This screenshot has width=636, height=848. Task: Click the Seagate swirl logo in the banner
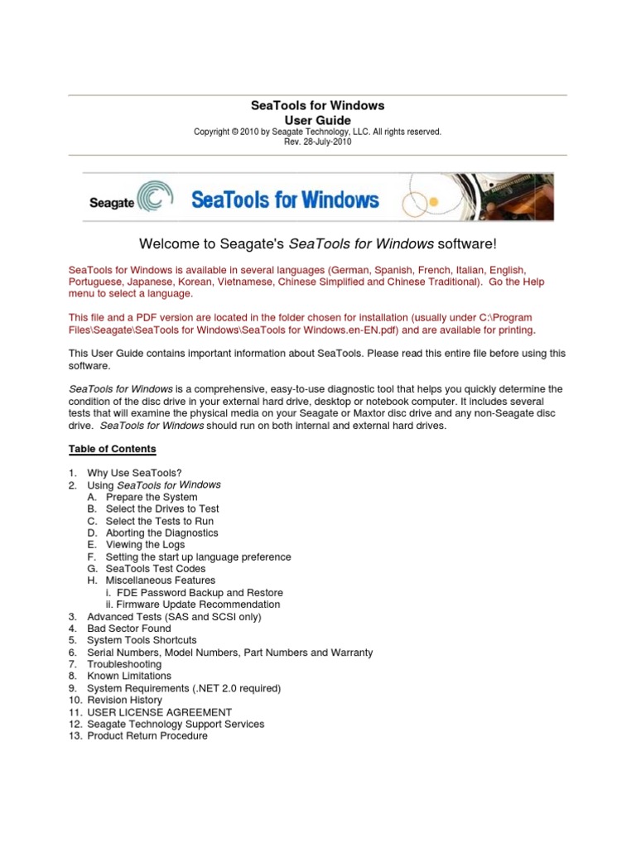click(154, 199)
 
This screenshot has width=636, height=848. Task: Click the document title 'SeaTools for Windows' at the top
click(317, 106)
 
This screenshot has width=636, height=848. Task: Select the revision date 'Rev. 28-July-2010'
click(317, 142)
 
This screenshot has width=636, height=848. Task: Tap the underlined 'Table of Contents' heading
click(112, 449)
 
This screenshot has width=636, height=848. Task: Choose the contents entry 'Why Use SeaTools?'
click(134, 473)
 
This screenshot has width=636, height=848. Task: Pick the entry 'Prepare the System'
click(152, 497)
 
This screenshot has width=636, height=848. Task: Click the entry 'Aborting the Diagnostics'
click(161, 532)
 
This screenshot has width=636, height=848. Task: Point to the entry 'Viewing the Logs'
click(145, 545)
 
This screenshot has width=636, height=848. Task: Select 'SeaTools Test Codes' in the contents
click(156, 569)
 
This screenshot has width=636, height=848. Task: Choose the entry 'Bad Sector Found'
click(129, 629)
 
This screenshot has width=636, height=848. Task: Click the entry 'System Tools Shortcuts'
click(142, 640)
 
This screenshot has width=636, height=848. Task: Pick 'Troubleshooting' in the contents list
click(124, 664)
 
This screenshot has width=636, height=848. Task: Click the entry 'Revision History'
click(124, 700)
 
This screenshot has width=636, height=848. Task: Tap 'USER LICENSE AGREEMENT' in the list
click(159, 712)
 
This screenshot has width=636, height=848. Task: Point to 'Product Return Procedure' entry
click(147, 735)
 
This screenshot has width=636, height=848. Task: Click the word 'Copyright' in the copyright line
click(210, 132)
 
